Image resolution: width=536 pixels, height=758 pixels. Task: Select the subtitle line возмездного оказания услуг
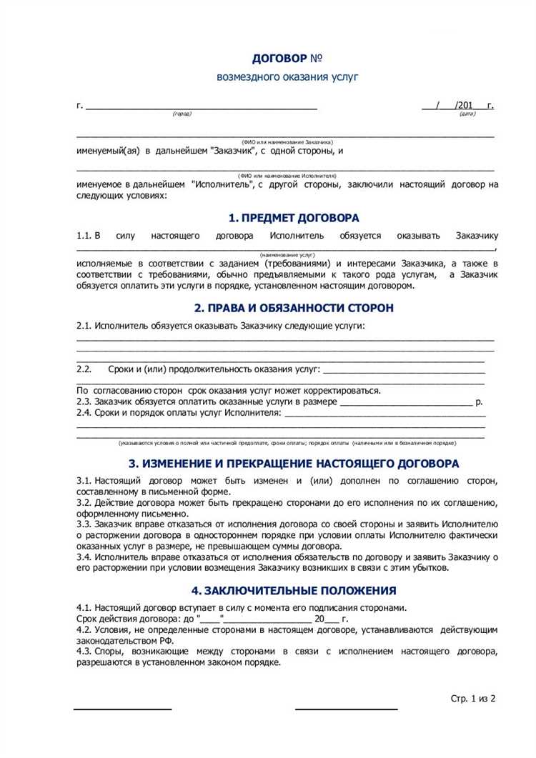pos(287,76)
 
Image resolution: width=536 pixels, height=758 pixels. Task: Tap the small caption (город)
pos(182,114)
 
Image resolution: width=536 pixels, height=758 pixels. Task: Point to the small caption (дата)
pos(467,114)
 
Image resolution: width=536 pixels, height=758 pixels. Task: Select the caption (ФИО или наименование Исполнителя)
pos(287,175)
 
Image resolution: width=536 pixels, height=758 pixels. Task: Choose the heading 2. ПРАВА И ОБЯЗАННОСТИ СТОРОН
pos(294,308)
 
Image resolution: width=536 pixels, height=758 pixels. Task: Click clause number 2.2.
pos(84,369)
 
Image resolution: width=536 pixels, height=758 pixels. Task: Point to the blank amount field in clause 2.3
pos(406,402)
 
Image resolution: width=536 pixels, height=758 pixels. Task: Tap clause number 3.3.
pos(84,524)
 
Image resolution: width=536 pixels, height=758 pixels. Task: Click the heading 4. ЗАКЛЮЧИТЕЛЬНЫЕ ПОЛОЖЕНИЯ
pos(294,591)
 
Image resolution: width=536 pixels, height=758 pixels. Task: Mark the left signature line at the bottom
pos(123,709)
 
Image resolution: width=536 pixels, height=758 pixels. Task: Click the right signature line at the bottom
pos(347,709)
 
